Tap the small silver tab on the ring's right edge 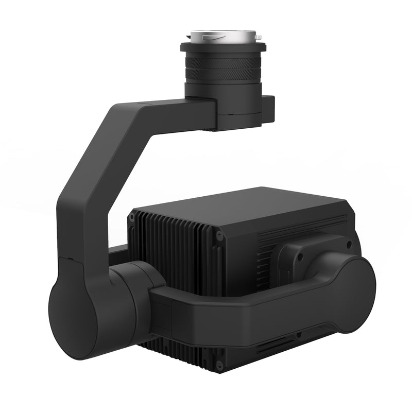click(258, 37)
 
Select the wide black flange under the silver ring click(222, 48)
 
